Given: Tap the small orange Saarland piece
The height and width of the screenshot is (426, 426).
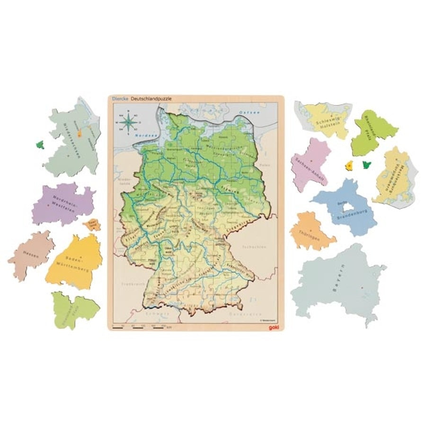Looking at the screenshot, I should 92,224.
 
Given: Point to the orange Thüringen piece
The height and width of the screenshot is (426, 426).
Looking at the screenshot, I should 310,231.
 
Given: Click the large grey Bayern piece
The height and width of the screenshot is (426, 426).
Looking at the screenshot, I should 338,284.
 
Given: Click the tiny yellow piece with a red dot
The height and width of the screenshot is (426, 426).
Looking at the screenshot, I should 349,166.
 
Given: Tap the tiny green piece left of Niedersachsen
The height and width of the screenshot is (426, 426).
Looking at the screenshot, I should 41,144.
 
